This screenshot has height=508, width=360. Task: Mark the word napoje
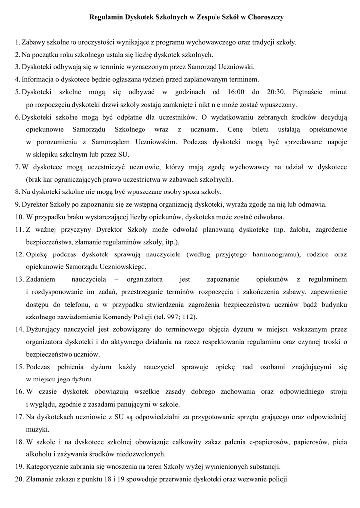tap(334, 142)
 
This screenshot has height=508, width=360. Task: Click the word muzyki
tap(36, 429)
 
